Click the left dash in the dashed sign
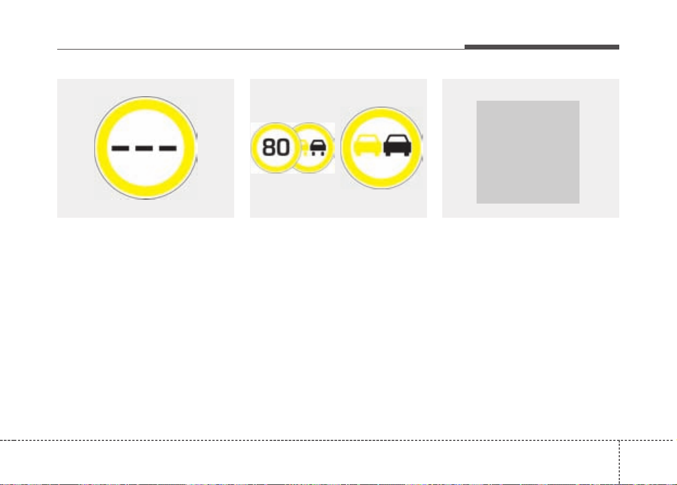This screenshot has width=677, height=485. point(120,148)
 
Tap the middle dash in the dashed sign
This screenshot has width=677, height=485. point(144,148)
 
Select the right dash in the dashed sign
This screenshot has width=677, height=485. point(168,148)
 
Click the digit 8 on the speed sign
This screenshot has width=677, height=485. point(269,148)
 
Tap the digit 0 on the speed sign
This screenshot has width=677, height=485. point(283,148)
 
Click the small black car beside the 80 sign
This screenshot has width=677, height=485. point(318,148)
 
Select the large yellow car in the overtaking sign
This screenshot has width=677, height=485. point(367,145)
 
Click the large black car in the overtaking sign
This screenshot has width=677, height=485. point(397,145)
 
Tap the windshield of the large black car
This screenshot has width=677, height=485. point(397,140)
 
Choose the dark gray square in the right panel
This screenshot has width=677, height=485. point(528,152)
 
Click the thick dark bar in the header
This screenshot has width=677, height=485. point(541,47)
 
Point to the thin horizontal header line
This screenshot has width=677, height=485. point(261,49)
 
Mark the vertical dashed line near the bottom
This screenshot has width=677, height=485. point(619,462)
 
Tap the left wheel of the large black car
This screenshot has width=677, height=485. point(388,154)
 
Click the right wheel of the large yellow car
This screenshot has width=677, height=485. point(376,154)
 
